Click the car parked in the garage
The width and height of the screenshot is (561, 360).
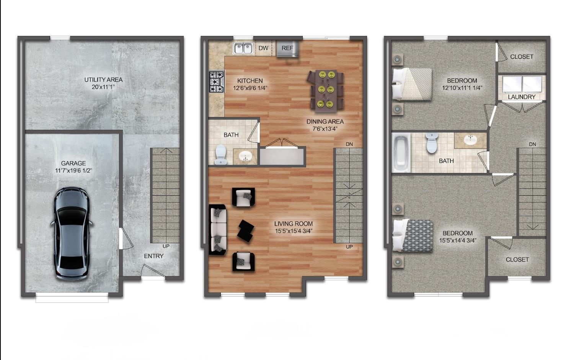pos(72,233)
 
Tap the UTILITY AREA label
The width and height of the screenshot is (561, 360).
pos(103,80)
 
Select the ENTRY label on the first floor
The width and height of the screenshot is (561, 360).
pos(153,256)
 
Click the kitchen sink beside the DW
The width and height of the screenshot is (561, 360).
pos(243,48)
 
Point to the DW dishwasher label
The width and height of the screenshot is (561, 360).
pos(263,48)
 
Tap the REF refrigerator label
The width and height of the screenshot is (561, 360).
pos(287,48)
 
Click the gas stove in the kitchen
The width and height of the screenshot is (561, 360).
pos(216,82)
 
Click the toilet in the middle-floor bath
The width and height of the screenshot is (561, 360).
pos(221,155)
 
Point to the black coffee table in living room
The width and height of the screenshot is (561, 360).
pos(245,230)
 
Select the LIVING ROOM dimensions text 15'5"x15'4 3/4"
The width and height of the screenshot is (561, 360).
pos(294,231)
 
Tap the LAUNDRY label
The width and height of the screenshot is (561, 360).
pos(521,97)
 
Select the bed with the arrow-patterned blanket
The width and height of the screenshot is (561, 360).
pos(413,236)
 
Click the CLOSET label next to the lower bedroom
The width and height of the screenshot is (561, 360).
pos(517,259)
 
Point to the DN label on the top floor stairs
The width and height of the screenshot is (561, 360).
pos(532,144)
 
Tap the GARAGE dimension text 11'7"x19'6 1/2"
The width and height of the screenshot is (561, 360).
pos(73,171)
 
